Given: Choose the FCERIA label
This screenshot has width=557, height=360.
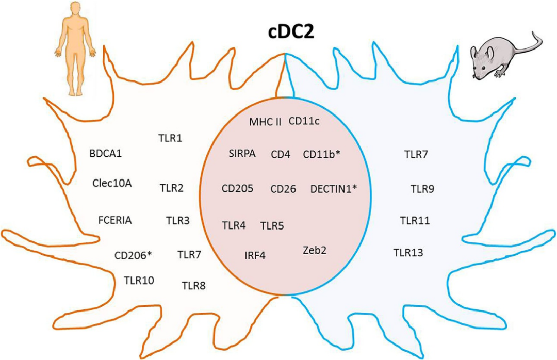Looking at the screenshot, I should (115, 220).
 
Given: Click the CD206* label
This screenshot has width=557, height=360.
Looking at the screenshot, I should (133, 255).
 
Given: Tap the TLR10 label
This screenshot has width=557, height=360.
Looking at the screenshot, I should (139, 281).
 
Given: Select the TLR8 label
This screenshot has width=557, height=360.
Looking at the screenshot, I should (194, 285).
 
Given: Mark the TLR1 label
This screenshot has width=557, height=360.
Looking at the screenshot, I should (170, 138).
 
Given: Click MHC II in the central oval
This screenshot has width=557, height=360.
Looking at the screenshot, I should (265, 122).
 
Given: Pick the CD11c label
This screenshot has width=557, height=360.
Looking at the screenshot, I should (304, 121).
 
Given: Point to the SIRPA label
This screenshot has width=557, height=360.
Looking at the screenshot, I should (242, 153).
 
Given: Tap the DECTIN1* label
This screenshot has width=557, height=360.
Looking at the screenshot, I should (334, 189).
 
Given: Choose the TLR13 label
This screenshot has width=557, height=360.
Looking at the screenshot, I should (408, 252).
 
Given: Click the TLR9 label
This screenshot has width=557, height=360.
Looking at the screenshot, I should (422, 189).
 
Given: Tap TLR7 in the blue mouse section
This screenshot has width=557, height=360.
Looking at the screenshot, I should (416, 153).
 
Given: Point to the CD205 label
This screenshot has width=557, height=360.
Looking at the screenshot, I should (238, 189).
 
